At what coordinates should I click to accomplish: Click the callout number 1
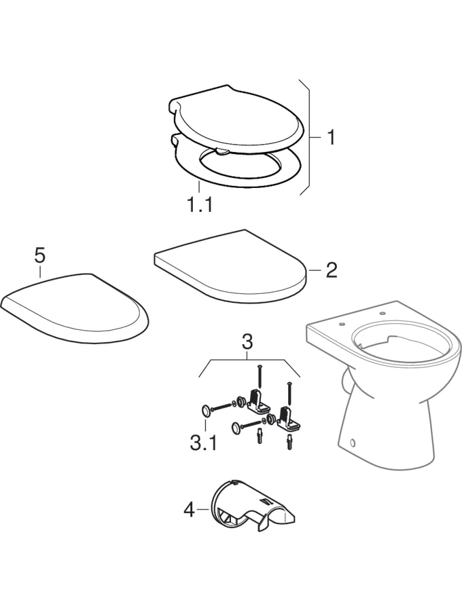(x=331, y=138)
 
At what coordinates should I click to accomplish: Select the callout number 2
(x=331, y=270)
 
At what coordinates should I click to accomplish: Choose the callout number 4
(x=190, y=509)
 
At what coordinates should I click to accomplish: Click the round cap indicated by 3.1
(x=205, y=411)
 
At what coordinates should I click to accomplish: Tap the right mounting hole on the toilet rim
(x=382, y=313)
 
